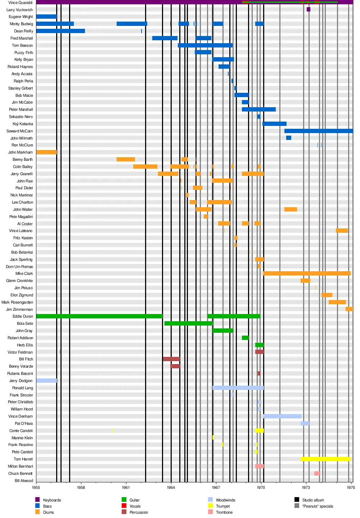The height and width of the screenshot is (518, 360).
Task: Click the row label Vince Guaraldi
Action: (21, 3)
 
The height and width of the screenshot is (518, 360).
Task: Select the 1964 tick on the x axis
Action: (171, 487)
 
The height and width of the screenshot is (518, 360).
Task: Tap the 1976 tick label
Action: (351, 487)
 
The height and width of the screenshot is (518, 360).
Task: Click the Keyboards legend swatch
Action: (37, 500)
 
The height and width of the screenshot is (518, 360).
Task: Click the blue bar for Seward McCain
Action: (319, 131)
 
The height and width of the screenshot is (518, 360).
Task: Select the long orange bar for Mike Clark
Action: (307, 273)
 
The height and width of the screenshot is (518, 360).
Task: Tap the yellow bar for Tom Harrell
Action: (325, 459)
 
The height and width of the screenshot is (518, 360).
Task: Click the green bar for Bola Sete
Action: (188, 323)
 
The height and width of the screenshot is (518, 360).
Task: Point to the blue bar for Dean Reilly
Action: (60, 31)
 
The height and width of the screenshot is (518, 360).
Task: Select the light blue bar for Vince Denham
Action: (282, 416)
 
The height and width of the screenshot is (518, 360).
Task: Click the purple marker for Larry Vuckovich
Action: (309, 9)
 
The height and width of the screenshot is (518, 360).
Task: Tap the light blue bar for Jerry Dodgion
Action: (46, 381)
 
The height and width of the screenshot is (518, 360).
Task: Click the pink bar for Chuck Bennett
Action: (317, 473)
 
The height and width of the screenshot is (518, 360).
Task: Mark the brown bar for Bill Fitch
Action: (171, 359)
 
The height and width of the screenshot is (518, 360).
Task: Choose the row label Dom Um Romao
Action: (19, 267)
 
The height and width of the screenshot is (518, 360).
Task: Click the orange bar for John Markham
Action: (46, 152)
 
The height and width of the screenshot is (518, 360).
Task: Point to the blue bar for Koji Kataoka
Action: (274, 124)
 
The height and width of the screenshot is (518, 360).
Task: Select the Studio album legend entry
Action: (313, 500)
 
